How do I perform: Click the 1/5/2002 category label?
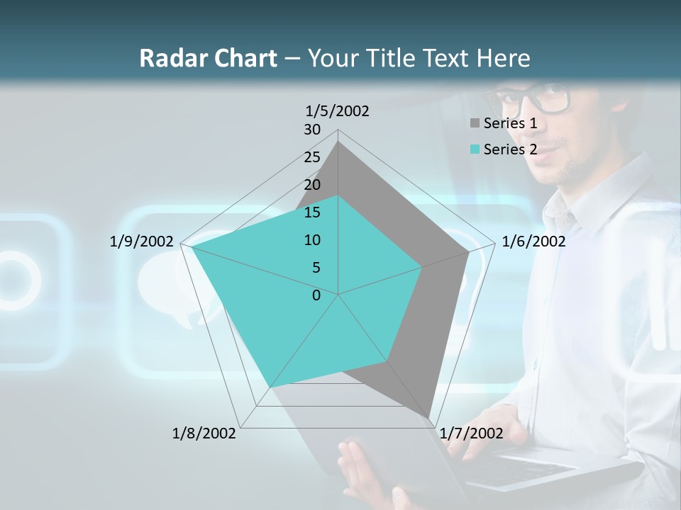tap(338, 110)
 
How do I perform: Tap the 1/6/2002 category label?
tap(533, 242)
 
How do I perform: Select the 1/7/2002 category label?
tap(472, 433)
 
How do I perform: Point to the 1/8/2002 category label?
tap(204, 433)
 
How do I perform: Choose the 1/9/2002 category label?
tap(142, 242)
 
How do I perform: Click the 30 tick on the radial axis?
tap(312, 130)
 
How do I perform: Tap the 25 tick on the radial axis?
tap(312, 157)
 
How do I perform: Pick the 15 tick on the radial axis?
tap(312, 212)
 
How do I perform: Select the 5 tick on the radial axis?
tap(316, 268)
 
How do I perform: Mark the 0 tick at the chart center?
tap(316, 295)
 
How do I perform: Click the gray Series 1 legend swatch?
tap(474, 123)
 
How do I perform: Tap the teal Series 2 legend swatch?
tap(474, 149)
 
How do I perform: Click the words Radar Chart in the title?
tap(208, 58)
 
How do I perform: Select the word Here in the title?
tap(504, 58)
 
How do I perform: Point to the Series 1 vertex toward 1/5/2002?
tap(338, 142)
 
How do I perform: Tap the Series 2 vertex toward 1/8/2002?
tap(270, 387)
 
